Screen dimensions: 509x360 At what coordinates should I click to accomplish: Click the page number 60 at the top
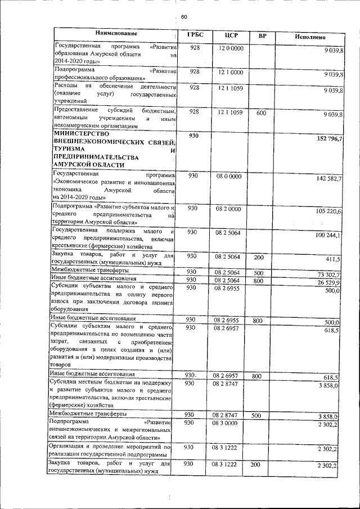pos(183,16)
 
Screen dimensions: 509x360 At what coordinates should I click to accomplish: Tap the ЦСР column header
pos(231,35)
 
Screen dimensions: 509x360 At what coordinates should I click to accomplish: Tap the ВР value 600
pos(260,112)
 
